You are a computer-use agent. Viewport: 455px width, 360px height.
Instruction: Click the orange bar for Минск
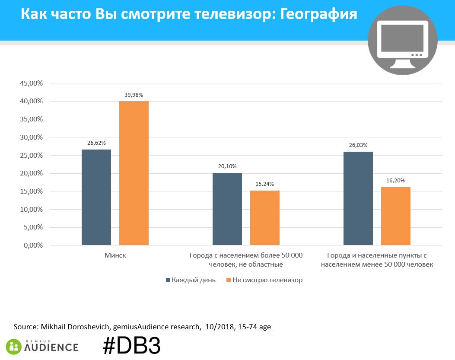point(134,173)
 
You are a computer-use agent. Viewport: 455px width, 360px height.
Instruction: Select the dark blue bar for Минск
point(96,197)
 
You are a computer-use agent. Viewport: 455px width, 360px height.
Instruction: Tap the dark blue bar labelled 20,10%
point(227,209)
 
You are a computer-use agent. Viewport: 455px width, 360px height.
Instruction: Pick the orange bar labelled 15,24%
point(265,218)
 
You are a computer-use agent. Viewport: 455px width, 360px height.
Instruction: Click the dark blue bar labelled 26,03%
point(358,198)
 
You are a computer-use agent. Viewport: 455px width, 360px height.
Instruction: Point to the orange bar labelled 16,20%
point(396,216)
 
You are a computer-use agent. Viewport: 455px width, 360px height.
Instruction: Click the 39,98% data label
point(134,95)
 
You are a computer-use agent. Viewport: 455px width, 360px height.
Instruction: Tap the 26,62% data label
point(96,143)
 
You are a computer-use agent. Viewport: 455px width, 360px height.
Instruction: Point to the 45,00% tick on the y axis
point(31,83)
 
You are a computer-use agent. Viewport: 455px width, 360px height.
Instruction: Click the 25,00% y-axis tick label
point(31,156)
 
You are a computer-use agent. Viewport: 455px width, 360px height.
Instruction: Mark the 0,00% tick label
point(33,245)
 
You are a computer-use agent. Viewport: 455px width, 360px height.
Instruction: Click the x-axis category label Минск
point(115,255)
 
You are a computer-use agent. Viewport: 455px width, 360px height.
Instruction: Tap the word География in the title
point(319,14)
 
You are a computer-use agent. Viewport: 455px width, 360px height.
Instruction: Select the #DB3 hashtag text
point(131,346)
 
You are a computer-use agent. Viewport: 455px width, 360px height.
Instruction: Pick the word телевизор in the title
point(235,14)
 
